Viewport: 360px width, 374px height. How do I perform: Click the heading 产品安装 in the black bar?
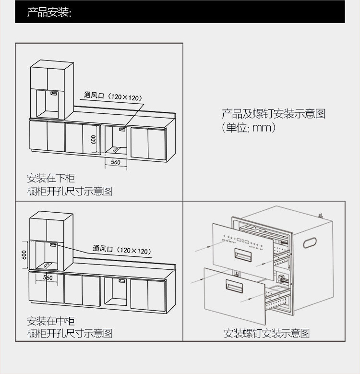coord(49,12)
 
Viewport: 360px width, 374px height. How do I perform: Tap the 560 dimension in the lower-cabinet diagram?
coord(115,162)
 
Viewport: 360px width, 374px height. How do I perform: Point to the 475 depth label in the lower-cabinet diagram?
coord(115,149)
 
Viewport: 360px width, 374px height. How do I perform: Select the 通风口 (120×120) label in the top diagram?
coord(113,97)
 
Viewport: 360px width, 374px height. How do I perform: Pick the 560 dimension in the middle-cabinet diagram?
coord(48,277)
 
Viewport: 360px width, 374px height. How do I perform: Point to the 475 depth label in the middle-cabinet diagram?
coord(47,265)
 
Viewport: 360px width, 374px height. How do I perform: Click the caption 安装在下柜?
coord(51,179)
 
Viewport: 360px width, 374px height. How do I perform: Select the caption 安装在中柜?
coord(51,321)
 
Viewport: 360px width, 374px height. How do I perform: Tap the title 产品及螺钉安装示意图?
coord(273,114)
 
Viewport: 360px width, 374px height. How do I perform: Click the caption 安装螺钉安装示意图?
coord(266,333)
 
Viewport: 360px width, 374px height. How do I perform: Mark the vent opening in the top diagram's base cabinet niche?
coord(123,129)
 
